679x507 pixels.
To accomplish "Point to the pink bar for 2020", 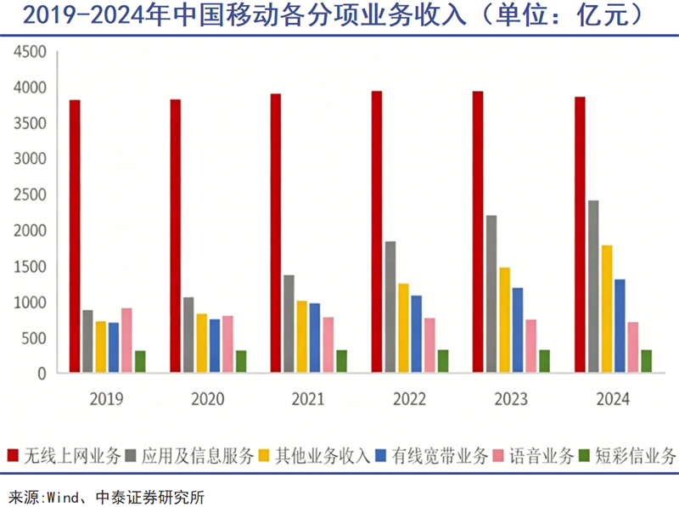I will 227,344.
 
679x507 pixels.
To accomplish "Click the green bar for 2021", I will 341,361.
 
